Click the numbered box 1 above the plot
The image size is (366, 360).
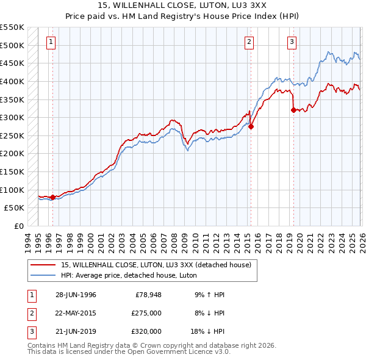pyautogui.click(x=51, y=42)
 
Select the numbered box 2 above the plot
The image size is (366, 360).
pyautogui.click(x=249, y=42)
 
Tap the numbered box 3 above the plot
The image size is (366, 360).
pyautogui.click(x=292, y=42)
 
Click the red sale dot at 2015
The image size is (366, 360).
pyautogui.click(x=251, y=127)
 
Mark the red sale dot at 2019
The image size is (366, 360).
pyautogui.click(x=293, y=110)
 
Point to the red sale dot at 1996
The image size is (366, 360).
pyautogui.click(x=52, y=197)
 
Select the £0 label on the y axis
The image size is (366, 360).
pyautogui.click(x=18, y=226)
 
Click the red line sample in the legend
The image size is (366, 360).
pyautogui.click(x=43, y=265)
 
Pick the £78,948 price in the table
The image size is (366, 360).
pyautogui.click(x=146, y=295)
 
